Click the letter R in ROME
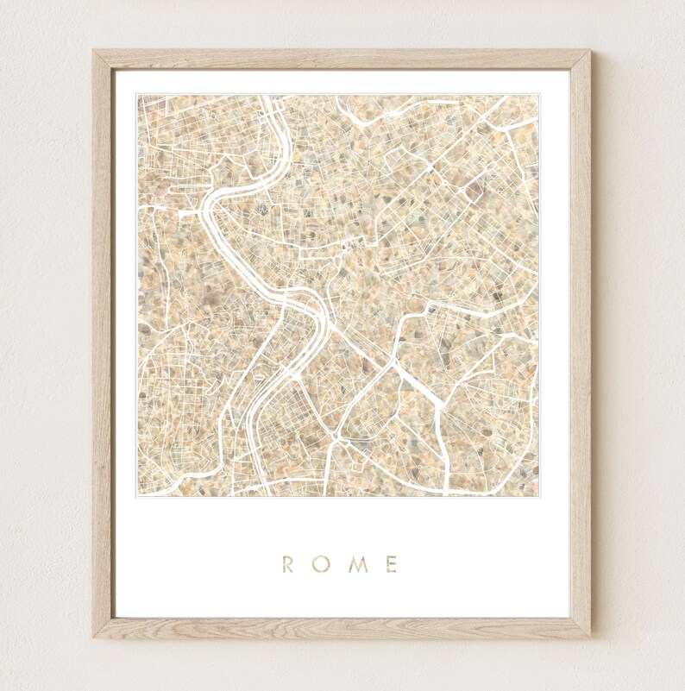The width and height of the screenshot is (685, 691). (x=288, y=565)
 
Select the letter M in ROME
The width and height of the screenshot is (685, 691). (x=356, y=565)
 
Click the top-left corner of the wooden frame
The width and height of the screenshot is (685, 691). (x=94, y=51)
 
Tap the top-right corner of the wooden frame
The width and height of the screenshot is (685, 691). (x=590, y=51)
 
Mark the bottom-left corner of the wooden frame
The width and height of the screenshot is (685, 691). (x=94, y=638)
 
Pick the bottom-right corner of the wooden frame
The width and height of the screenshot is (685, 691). (x=590, y=638)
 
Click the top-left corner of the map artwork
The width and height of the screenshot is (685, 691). (x=137, y=95)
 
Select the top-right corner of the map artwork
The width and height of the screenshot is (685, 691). (x=538, y=95)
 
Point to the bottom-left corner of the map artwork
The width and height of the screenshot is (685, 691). (x=137, y=496)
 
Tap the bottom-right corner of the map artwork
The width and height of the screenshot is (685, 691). (x=538, y=496)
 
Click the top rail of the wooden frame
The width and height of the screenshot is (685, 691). (x=342, y=60)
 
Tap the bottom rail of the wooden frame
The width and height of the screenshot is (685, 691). (x=342, y=628)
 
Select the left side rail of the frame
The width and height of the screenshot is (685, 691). (x=104, y=345)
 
